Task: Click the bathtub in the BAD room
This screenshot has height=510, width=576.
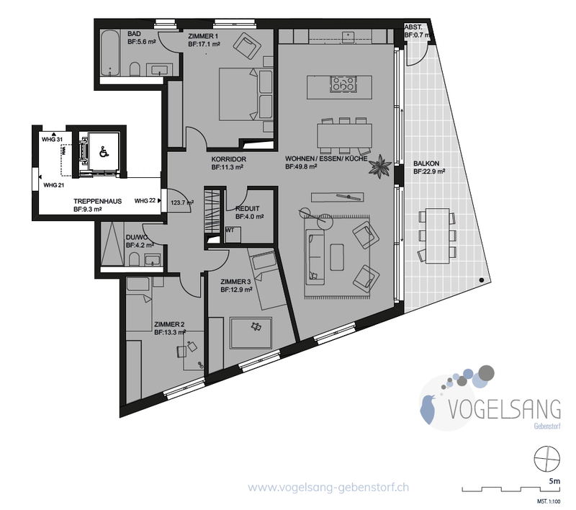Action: (110, 53)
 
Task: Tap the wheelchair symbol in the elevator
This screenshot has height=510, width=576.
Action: (104, 151)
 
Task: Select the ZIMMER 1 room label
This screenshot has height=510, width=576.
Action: (203, 36)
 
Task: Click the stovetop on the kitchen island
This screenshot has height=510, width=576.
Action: (343, 84)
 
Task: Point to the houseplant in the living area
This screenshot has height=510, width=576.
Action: (380, 166)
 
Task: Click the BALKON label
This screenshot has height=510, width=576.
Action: (426, 164)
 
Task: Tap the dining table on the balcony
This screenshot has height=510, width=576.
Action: (438, 236)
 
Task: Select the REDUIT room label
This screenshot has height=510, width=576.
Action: (247, 208)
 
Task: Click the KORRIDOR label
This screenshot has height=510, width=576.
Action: (228, 159)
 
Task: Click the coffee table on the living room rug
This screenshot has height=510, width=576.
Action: (337, 257)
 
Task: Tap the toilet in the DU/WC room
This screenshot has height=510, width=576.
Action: (135, 259)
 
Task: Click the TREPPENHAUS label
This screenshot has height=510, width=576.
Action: (97, 202)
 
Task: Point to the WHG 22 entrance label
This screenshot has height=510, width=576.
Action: (145, 201)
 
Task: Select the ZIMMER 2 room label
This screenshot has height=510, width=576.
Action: (169, 324)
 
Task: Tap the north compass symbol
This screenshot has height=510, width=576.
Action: (546, 459)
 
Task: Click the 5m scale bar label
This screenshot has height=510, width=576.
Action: (554, 481)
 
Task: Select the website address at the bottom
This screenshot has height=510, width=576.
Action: (328, 488)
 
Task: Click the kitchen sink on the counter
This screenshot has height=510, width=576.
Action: (348, 37)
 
